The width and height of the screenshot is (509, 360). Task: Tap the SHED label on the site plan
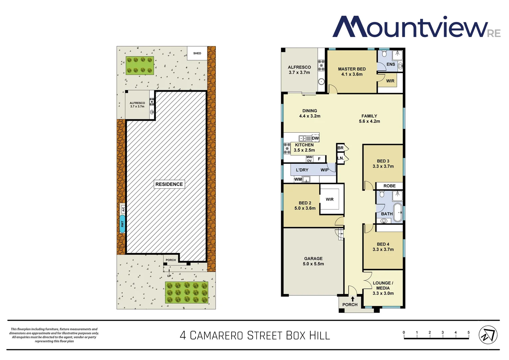197,53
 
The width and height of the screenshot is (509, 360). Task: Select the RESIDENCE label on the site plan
169,184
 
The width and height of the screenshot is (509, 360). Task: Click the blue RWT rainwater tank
122,224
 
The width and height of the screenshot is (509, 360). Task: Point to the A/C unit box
123,209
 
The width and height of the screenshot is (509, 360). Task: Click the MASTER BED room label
352,71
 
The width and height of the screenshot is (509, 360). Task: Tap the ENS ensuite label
391,64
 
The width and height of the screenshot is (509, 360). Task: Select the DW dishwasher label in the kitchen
315,138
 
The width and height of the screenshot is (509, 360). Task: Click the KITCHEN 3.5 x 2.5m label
304,147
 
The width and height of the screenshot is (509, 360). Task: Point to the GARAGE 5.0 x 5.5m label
313,261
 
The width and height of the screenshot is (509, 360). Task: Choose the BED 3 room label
383,163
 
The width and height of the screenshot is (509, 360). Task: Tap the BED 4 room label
383,247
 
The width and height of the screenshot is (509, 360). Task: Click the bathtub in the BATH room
398,213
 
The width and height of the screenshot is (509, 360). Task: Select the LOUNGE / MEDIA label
383,288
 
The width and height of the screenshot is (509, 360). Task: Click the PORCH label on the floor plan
350,305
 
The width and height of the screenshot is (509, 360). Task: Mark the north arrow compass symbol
488,335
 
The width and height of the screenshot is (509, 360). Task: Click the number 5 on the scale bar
468,332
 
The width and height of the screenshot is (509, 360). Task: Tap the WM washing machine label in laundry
298,179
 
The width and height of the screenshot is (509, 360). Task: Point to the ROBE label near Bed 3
389,186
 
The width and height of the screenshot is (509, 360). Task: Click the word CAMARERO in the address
217,335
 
